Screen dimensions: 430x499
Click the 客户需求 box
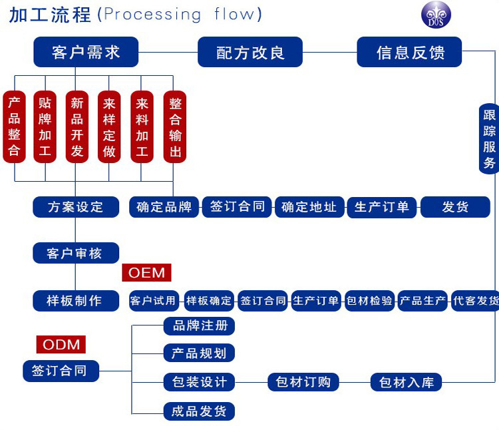tap(86, 52)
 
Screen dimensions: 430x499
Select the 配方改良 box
tap(250, 52)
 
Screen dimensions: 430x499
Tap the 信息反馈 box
tap(410, 52)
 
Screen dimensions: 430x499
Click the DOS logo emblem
tap(436, 15)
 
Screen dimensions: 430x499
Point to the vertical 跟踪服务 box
tap(489, 138)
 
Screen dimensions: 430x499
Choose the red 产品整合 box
tap(14, 127)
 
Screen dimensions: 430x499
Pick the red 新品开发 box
tap(77, 127)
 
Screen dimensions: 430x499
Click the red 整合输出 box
tap(175, 127)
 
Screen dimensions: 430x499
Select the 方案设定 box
tap(76, 207)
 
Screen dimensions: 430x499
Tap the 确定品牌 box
tap(164, 207)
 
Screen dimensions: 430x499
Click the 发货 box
tap(455, 207)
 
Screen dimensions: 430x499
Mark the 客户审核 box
tap(76, 253)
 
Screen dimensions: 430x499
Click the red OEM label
tap(146, 272)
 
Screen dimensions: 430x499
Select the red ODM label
tap(61, 344)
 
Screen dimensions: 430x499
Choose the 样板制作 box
tap(76, 300)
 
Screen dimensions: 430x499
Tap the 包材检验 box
tap(370, 301)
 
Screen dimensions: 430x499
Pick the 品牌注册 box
tap(200, 326)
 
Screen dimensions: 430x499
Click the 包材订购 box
tap(303, 382)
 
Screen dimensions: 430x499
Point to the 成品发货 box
tap(200, 411)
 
